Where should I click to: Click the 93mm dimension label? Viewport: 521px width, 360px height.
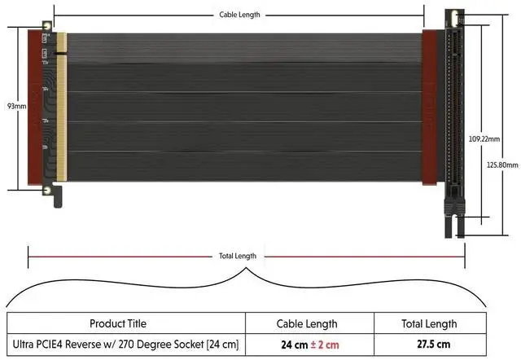[16, 107]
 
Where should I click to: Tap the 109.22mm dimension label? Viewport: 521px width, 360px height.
[484, 139]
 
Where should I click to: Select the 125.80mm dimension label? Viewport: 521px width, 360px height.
[502, 165]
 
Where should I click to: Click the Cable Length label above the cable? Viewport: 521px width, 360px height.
[239, 15]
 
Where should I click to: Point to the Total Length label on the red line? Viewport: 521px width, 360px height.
[238, 256]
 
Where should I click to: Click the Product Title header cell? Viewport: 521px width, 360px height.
[118, 323]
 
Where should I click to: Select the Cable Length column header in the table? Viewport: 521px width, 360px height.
[307, 324]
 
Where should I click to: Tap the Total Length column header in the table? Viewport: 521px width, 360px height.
[429, 324]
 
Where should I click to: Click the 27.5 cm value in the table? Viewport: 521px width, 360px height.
[434, 344]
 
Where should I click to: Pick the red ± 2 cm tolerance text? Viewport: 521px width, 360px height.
[325, 345]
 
